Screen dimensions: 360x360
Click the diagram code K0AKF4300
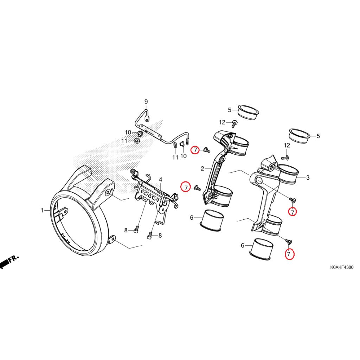click(341, 267)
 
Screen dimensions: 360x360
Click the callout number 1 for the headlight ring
click(42, 211)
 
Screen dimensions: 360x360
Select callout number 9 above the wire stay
click(146, 102)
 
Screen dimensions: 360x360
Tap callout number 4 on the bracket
click(160, 180)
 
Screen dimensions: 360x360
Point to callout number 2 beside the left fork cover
click(202, 169)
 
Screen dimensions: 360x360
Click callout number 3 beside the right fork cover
click(308, 178)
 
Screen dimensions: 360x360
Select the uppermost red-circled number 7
click(196, 150)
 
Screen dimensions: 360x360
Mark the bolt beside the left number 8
click(136, 230)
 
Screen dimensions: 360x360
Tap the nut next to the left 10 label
click(140, 133)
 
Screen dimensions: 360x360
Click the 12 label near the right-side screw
click(287, 146)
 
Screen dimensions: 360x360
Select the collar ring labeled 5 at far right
click(299, 136)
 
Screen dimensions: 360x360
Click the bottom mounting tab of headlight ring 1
click(112, 240)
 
